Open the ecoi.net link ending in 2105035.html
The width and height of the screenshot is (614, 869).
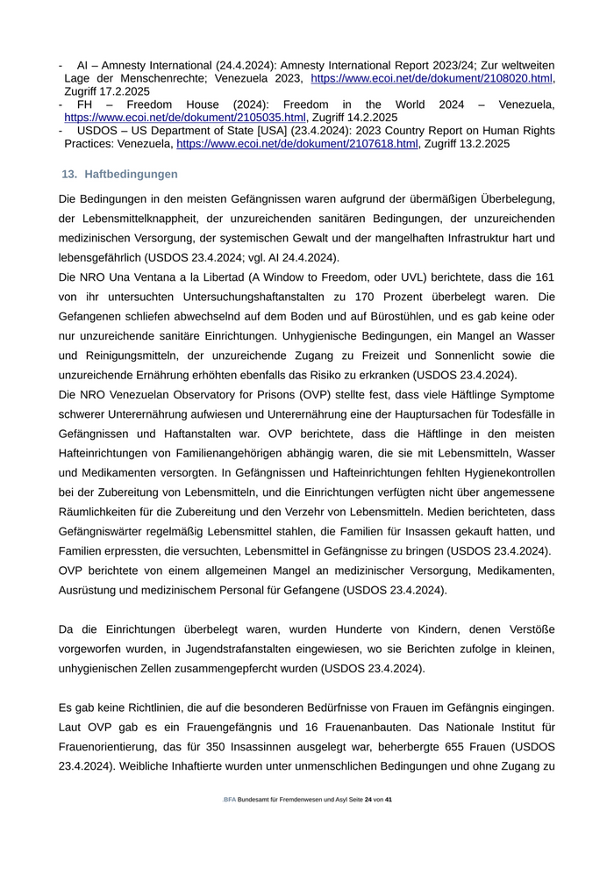pos(185,118)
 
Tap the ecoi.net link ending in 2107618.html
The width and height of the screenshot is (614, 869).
pos(296,143)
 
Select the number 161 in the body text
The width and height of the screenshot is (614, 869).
pos(544,277)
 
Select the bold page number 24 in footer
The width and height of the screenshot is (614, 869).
pos(368,801)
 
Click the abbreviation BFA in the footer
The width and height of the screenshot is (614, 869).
pos(230,801)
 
